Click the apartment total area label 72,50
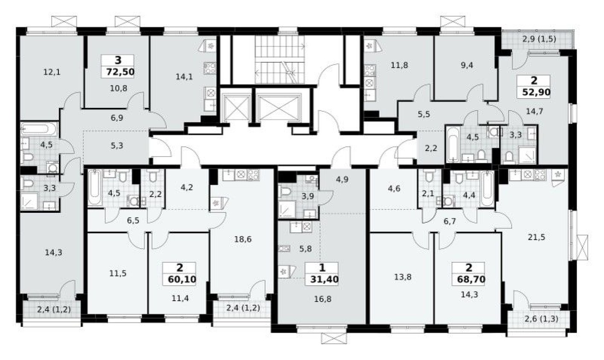118,71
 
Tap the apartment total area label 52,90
534,91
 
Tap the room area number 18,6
243,239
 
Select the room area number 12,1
52,72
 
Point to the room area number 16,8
322,299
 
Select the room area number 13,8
401,277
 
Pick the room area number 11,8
400,65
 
